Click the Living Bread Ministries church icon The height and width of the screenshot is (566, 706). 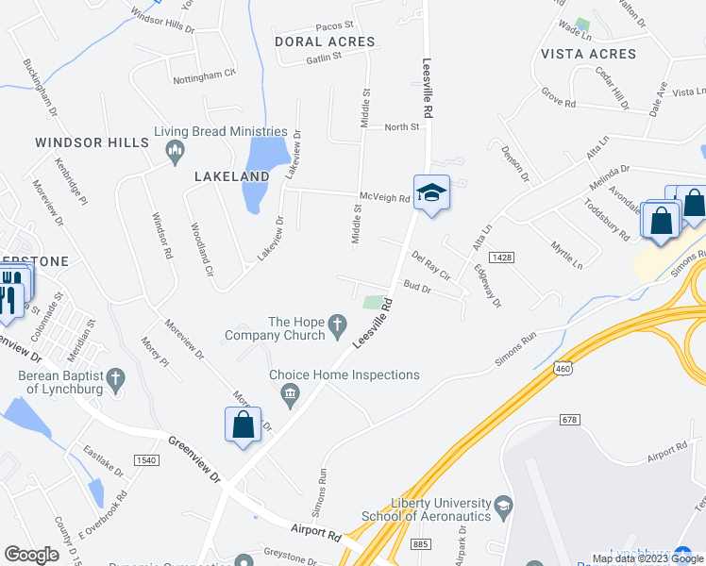point(174,151)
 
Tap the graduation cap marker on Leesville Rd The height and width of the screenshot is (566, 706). point(431,192)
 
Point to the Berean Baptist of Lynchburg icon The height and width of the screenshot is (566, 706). point(115,379)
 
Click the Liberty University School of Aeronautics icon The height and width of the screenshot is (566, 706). point(503,508)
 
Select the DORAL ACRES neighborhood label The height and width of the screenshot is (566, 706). point(325,42)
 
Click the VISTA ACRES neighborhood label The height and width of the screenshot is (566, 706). point(589,54)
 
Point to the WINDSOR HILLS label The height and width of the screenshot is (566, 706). point(92,142)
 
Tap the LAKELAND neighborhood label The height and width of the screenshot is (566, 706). point(232,176)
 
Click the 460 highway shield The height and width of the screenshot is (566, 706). point(563,367)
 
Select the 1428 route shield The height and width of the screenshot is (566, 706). point(501,257)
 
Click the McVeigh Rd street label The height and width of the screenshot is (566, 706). point(384,198)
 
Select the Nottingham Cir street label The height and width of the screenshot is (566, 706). point(204,73)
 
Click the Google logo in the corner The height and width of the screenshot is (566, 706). point(31,554)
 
